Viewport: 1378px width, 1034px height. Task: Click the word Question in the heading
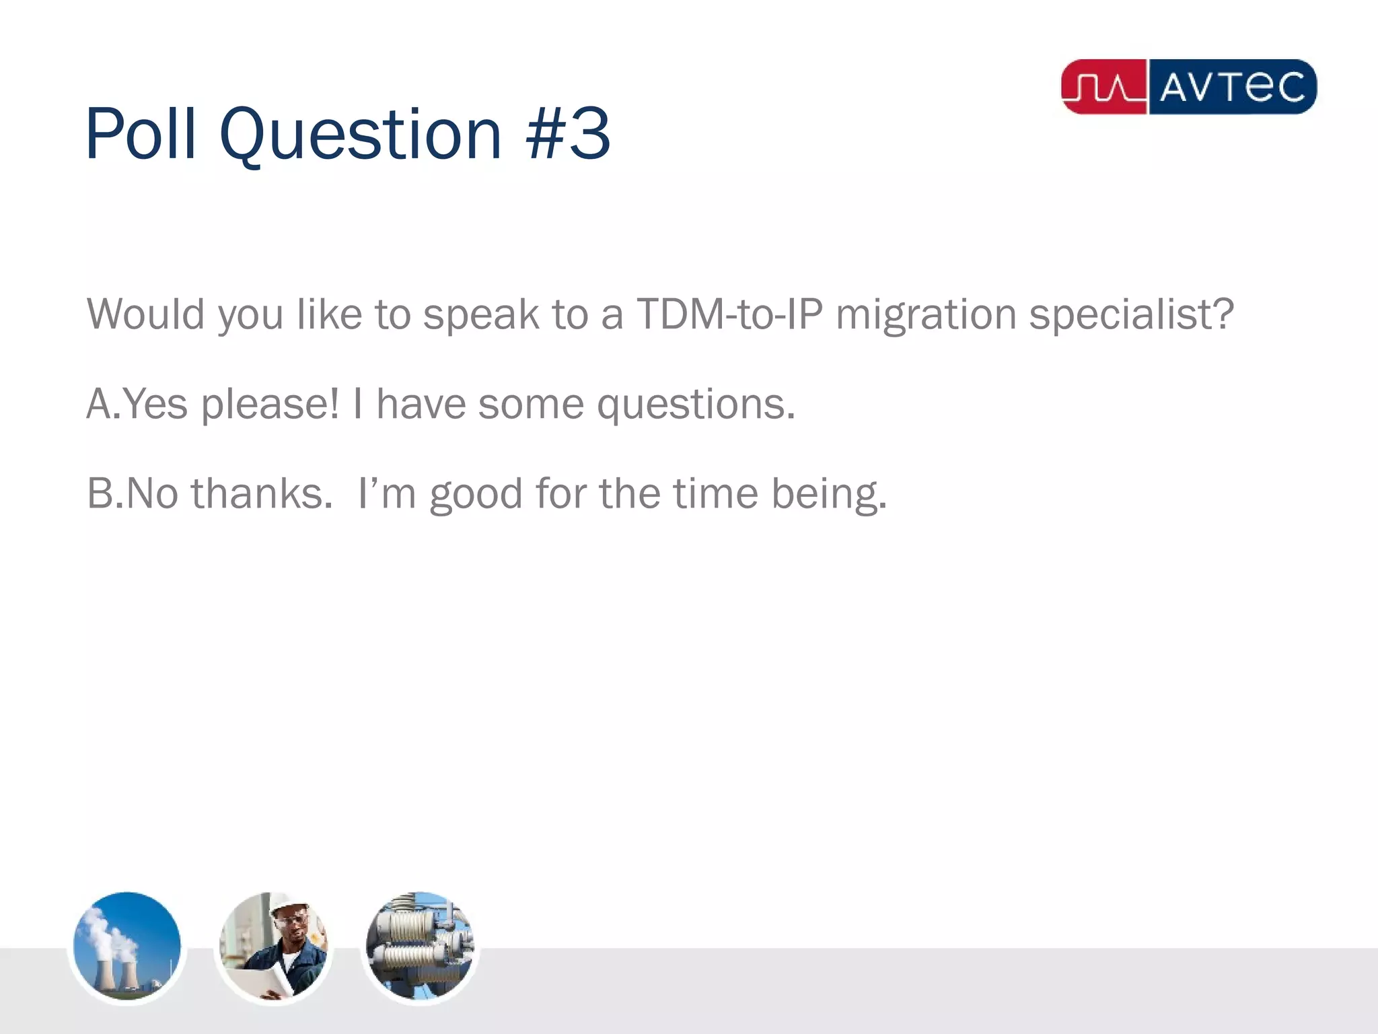click(x=361, y=136)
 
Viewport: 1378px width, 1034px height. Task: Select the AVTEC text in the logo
click(x=1232, y=87)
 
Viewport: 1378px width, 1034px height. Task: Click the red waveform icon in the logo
click(x=1104, y=87)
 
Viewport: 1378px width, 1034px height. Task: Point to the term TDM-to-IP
click(x=729, y=314)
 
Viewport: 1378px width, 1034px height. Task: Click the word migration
click(x=926, y=315)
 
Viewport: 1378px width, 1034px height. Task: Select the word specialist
click(x=1131, y=315)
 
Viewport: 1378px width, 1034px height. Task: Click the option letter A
click(x=98, y=404)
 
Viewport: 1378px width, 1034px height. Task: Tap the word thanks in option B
click(x=262, y=493)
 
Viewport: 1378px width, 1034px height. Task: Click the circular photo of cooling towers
click(x=127, y=946)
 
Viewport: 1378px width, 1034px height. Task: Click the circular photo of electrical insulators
click(x=420, y=946)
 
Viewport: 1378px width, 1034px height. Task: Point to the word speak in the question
click(x=480, y=315)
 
